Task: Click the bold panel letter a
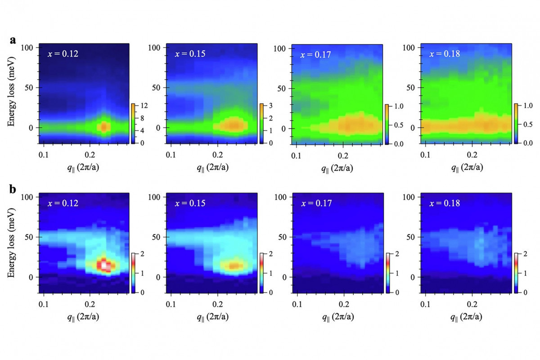click(x=13, y=40)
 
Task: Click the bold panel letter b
click(x=13, y=189)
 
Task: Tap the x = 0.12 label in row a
click(x=63, y=54)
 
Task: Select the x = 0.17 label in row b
click(x=316, y=203)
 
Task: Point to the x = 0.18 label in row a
click(x=445, y=54)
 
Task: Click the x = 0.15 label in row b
click(x=190, y=203)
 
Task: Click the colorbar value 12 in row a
click(x=144, y=106)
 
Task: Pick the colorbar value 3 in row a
click(x=271, y=106)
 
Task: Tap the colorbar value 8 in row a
click(x=142, y=118)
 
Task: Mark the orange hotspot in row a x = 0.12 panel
click(x=104, y=127)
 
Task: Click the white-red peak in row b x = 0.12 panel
click(x=104, y=265)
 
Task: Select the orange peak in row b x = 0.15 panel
click(x=234, y=265)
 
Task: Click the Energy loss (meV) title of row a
click(x=11, y=92)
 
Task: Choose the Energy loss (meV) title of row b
click(x=11, y=243)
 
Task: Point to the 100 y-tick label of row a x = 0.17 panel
click(x=279, y=49)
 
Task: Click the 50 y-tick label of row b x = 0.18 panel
click(x=410, y=237)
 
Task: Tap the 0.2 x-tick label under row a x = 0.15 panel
click(x=217, y=155)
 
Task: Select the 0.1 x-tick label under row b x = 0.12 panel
click(x=43, y=304)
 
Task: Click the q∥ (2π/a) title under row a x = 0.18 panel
click(x=467, y=167)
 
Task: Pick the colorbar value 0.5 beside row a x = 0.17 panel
click(x=399, y=125)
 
